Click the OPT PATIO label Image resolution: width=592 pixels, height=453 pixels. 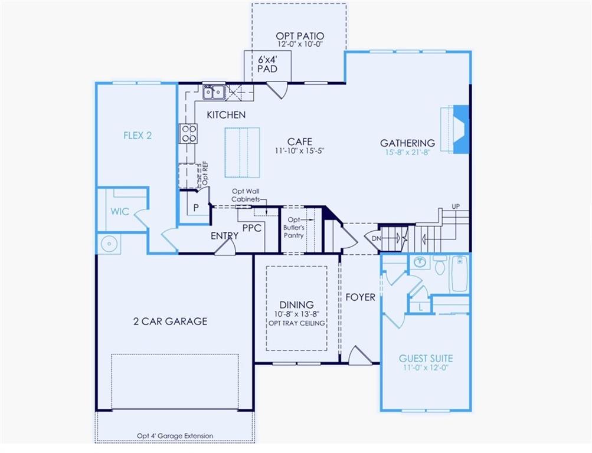point(300,36)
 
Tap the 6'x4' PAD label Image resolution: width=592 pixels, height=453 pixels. point(267,64)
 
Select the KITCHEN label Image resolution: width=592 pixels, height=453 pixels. point(226,115)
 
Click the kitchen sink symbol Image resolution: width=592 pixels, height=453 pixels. point(212,91)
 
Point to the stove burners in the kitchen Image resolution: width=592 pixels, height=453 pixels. point(188,134)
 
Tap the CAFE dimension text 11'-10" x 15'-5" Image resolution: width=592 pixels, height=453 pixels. point(300,151)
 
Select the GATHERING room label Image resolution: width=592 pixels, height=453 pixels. point(407,143)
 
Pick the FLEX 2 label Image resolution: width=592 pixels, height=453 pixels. point(138,135)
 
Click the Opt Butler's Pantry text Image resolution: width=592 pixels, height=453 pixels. point(295,227)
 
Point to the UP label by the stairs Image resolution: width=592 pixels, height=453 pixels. point(456,206)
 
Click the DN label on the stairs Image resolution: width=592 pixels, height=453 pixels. point(376,238)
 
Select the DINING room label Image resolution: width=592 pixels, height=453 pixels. point(297,305)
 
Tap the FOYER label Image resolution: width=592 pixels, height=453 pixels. point(360,297)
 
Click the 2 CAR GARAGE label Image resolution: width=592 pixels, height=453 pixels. point(169,321)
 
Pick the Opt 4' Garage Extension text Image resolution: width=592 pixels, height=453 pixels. point(175,436)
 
